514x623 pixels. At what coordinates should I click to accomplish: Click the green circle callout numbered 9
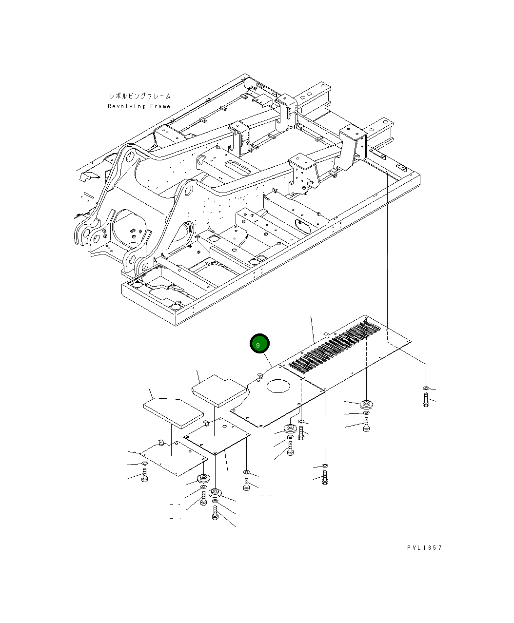[x=259, y=344]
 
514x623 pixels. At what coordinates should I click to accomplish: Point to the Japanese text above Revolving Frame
[x=139, y=97]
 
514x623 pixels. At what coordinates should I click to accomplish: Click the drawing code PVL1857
[x=424, y=547]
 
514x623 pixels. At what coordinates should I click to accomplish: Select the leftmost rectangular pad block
[x=173, y=409]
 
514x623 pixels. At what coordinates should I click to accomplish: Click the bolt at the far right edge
[x=426, y=400]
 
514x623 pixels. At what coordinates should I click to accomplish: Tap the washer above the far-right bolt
[x=426, y=388]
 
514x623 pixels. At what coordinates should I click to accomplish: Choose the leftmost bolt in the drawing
[x=144, y=475]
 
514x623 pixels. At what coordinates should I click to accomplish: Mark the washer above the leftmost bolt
[x=144, y=463]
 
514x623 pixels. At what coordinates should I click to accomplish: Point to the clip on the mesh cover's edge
[x=326, y=334]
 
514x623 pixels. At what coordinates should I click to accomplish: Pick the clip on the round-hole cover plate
[x=260, y=375]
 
